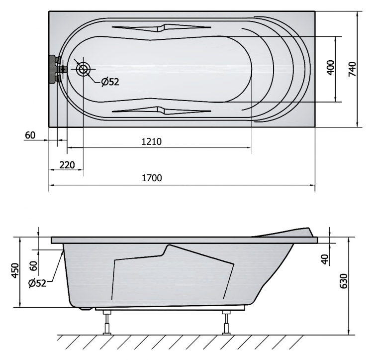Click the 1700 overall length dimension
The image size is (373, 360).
point(152,178)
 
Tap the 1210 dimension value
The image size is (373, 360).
point(152,142)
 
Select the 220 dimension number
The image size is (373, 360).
point(67,165)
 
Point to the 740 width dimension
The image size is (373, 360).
point(352,69)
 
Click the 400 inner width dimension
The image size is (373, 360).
point(330,67)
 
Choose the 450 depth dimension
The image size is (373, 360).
point(15,270)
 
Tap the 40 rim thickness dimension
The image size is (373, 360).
point(325,259)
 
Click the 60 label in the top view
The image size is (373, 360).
point(30,135)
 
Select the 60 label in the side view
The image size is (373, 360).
point(34,266)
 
